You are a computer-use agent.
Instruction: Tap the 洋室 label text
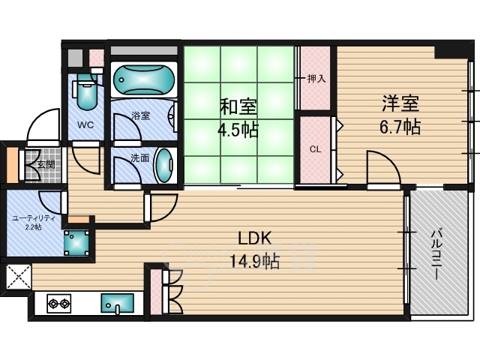(x=400, y=103)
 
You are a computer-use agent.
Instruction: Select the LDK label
(x=255, y=238)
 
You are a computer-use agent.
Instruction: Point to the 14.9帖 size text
(x=255, y=262)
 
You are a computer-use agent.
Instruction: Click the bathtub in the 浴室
(x=144, y=79)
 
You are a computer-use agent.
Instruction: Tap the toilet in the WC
(x=87, y=91)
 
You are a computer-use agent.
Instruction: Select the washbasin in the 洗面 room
(x=164, y=165)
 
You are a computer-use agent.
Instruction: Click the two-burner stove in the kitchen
(x=59, y=304)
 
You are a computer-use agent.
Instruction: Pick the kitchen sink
(x=117, y=303)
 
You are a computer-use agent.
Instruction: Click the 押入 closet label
(x=316, y=79)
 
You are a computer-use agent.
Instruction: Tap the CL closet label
(x=315, y=149)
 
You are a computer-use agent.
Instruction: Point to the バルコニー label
(x=436, y=255)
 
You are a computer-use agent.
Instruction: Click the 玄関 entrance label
(x=46, y=165)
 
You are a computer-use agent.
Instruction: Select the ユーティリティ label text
(x=34, y=218)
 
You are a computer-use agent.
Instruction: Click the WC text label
(x=85, y=125)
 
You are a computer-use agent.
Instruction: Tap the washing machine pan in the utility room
(x=76, y=242)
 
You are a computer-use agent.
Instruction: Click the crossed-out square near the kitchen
(x=19, y=277)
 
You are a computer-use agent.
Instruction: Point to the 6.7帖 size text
(x=400, y=127)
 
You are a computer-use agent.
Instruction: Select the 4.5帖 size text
(x=238, y=130)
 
